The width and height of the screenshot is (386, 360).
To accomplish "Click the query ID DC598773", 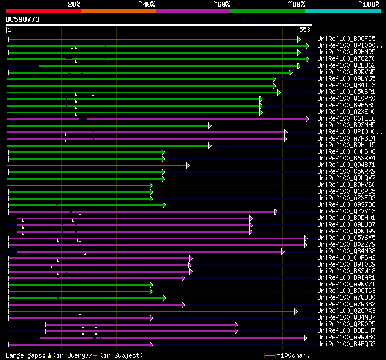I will (23, 20).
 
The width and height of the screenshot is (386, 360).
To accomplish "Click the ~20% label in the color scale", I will (74, 4).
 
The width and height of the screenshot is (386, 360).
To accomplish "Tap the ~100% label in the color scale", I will (369, 4).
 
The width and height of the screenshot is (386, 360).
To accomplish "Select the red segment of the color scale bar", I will (43, 10).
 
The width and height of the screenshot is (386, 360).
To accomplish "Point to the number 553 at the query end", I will (305, 30).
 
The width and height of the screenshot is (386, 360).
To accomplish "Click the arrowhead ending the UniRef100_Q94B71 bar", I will (188, 165).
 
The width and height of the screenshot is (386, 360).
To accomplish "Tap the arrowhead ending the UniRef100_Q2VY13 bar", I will (276, 212).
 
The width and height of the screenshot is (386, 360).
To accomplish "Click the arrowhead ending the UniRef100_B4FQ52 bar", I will (151, 344).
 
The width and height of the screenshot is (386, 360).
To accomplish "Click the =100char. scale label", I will (297, 355).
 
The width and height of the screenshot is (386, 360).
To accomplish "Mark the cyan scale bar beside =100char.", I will (270, 355).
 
